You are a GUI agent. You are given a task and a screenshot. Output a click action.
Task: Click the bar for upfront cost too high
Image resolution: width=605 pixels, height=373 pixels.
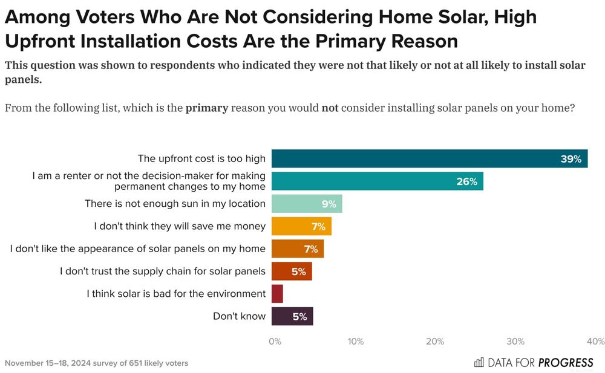[429, 158]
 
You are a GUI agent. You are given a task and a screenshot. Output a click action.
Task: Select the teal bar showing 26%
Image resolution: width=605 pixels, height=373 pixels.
[377, 181]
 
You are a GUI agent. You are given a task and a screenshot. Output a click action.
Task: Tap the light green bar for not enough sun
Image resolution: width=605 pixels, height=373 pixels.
[307, 204]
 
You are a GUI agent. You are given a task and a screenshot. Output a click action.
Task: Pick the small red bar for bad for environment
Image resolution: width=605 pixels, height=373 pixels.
[277, 294]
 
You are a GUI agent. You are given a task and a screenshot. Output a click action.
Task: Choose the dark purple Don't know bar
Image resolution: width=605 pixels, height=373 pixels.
[292, 316]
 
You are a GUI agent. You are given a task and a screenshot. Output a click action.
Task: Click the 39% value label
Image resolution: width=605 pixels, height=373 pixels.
[571, 159]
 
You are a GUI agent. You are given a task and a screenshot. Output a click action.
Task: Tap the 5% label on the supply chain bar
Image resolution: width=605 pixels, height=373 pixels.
[298, 271]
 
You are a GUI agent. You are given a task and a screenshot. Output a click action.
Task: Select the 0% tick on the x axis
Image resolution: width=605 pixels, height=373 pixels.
[275, 342]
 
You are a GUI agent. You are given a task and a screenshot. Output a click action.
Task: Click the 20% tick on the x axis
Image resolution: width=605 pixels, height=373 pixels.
[435, 342]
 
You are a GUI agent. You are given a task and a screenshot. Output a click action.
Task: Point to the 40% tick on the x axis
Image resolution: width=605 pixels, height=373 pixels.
[595, 342]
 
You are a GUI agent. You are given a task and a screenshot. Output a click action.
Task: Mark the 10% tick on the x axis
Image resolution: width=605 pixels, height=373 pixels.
[355, 342]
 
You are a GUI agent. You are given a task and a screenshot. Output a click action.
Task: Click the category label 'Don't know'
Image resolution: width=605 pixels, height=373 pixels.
[239, 316]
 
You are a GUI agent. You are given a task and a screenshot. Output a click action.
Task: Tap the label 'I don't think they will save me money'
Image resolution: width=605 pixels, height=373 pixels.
[180, 226]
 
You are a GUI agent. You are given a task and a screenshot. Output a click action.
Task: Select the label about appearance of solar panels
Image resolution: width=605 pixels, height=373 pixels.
[138, 248]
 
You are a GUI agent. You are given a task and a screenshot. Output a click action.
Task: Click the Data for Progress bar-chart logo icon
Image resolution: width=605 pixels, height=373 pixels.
[479, 363]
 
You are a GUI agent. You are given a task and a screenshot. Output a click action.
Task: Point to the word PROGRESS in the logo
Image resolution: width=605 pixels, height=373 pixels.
[566, 363]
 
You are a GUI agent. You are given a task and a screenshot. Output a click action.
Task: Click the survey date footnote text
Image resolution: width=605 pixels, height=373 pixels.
[96, 363]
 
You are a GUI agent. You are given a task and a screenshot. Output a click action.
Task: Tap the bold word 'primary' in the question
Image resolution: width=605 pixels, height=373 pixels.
[206, 108]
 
